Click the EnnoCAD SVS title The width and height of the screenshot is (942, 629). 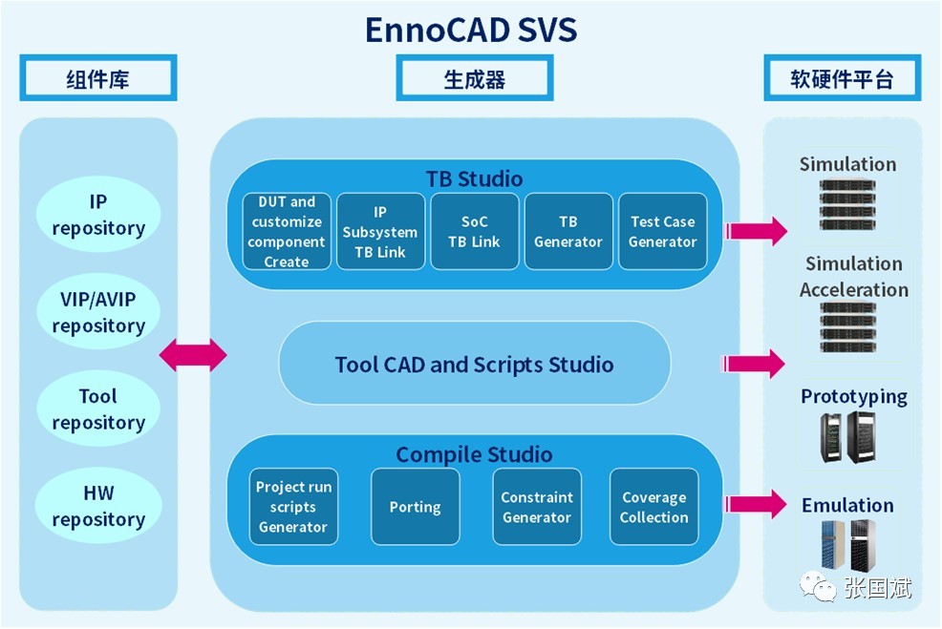coord(471,30)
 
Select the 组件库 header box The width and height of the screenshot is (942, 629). coord(98,78)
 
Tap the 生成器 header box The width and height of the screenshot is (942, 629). coord(474,78)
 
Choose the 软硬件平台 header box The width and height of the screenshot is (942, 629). coord(841,78)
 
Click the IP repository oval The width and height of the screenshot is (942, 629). coord(98,215)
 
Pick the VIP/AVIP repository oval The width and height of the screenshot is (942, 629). coord(98,312)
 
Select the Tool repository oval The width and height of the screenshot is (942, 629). coord(98,409)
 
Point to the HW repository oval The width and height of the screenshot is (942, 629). coord(98,507)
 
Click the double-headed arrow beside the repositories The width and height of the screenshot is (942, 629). coord(193,356)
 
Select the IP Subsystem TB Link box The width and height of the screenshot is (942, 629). coord(380,231)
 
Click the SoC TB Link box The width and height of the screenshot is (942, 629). coord(475,231)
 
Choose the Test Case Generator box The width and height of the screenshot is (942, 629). coord(663,231)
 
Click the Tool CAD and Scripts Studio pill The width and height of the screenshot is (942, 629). coord(474,364)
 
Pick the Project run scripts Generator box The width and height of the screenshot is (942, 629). coord(293,507)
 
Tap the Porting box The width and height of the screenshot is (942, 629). coord(415,507)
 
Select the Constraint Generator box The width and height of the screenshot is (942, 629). coord(537,507)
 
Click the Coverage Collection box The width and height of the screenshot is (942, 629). coord(654,507)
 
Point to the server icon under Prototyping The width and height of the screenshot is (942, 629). coord(847,438)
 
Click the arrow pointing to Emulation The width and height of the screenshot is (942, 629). coord(756,506)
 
